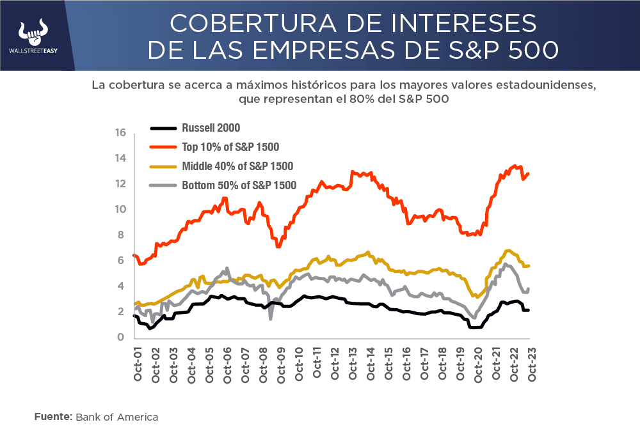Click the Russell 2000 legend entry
tap(211, 128)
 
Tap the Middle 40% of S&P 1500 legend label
tap(237, 166)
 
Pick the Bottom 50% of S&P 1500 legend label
tap(239, 185)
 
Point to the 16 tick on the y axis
tap(120, 133)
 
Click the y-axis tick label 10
tap(120, 210)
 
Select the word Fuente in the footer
tap(53, 417)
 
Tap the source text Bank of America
tap(117, 417)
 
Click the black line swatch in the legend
tap(163, 128)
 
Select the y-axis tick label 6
tap(120, 261)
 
